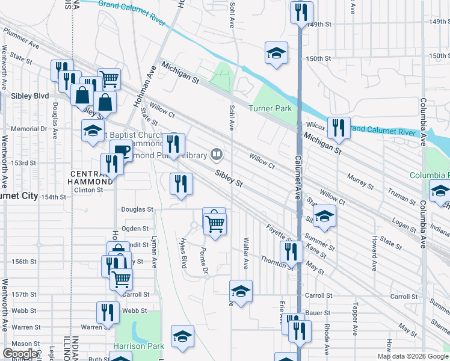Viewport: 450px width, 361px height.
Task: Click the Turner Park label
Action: pyautogui.click(x=270, y=108)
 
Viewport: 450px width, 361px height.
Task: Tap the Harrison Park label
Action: pyautogui.click(x=138, y=347)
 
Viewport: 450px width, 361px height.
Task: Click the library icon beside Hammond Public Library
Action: pyautogui.click(x=215, y=155)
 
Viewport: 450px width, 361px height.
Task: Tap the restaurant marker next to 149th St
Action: pyautogui.click(x=301, y=12)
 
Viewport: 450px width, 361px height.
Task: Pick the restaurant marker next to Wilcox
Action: pyautogui.click(x=339, y=127)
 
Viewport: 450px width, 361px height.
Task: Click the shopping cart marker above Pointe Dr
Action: pyautogui.click(x=215, y=223)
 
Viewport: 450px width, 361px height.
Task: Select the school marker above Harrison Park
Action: pyautogui.click(x=182, y=336)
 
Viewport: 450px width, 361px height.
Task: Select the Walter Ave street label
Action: pyautogui.click(x=245, y=253)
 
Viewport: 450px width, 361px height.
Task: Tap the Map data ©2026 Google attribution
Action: pyautogui.click(x=412, y=356)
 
